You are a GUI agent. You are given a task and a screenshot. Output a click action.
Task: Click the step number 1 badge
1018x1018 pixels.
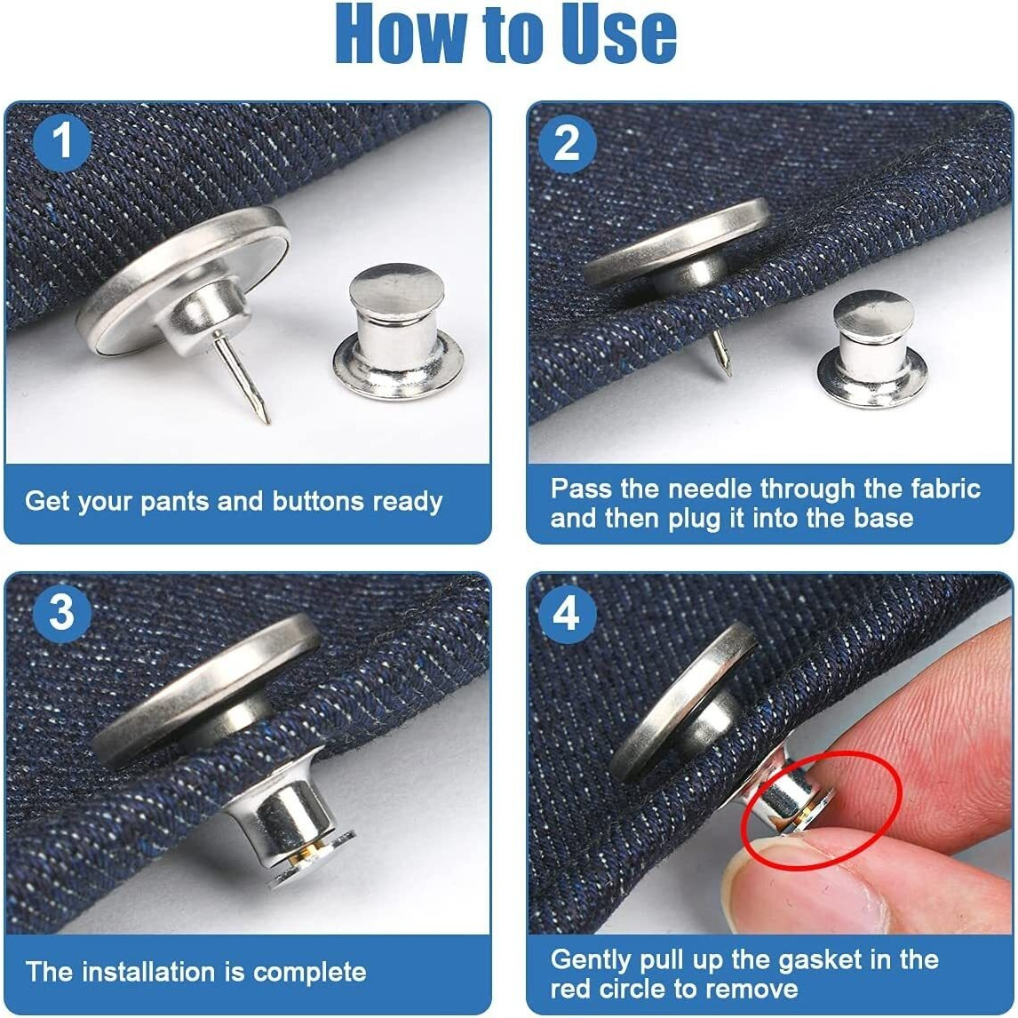point(62,142)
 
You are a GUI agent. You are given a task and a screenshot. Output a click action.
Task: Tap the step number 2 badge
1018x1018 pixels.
point(567,142)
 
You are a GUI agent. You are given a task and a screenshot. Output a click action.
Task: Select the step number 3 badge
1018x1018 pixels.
point(62,613)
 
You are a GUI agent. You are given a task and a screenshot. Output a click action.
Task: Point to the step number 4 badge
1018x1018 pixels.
point(567,613)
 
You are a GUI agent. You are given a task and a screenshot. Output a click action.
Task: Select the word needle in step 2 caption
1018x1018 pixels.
point(710,489)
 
